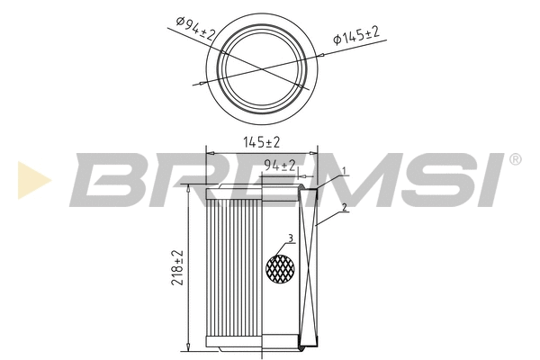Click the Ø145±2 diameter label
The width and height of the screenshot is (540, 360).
pyautogui.click(x=356, y=36)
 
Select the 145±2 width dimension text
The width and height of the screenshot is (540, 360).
pyautogui.click(x=262, y=142)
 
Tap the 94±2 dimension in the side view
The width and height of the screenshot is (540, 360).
pyautogui.click(x=280, y=165)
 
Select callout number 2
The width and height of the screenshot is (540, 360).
pyautogui.click(x=344, y=209)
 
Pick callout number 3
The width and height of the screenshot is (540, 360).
pyautogui.click(x=290, y=238)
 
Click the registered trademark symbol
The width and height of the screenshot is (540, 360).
pyautogui.click(x=515, y=159)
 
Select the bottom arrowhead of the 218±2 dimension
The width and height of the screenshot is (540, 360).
pyautogui.click(x=187, y=347)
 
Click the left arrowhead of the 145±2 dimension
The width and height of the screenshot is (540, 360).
pyautogui.click(x=210, y=151)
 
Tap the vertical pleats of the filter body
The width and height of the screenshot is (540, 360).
pyautogui.click(x=234, y=270)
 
